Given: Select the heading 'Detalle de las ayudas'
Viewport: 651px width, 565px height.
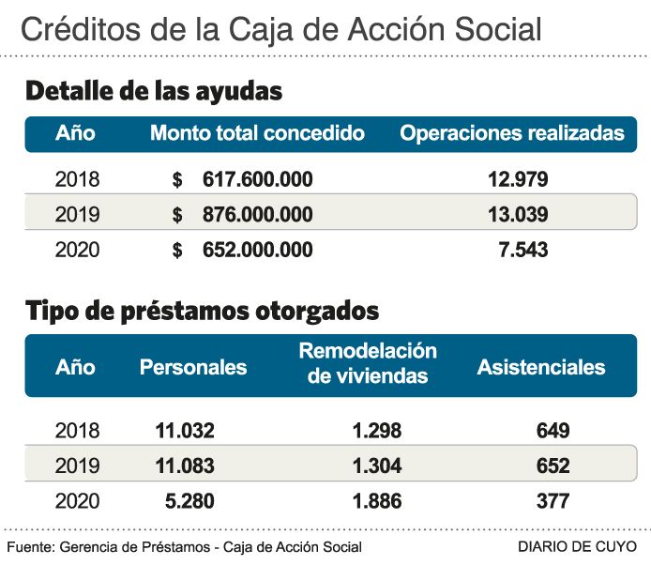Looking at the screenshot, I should [154, 91].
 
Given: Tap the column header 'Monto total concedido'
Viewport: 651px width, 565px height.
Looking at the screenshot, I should [257, 133].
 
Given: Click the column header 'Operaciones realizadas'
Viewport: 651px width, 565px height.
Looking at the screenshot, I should [512, 133].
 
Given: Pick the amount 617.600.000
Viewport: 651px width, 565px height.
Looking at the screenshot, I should [257, 179].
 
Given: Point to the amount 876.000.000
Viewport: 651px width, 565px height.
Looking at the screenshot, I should [257, 215].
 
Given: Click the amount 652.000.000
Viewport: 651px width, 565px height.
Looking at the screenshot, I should [257, 251].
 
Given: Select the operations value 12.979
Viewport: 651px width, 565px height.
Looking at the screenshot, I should [518, 179].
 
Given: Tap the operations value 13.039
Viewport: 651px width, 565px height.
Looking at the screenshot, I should [518, 215].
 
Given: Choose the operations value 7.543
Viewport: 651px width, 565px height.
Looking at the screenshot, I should [523, 251].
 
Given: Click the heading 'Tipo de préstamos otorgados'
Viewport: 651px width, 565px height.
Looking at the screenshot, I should [202, 310].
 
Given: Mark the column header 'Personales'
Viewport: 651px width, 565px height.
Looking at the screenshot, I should [193, 367].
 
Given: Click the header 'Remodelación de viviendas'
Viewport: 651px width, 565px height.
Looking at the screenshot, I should [368, 363].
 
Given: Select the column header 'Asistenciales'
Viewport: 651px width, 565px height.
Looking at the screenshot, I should [541, 367].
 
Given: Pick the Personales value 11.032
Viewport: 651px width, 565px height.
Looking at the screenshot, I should [185, 431].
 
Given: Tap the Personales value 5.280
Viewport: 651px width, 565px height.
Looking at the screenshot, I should [190, 502].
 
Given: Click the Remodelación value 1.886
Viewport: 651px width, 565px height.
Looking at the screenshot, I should [377, 502].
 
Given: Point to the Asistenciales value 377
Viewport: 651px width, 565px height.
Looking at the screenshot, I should [553, 502].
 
